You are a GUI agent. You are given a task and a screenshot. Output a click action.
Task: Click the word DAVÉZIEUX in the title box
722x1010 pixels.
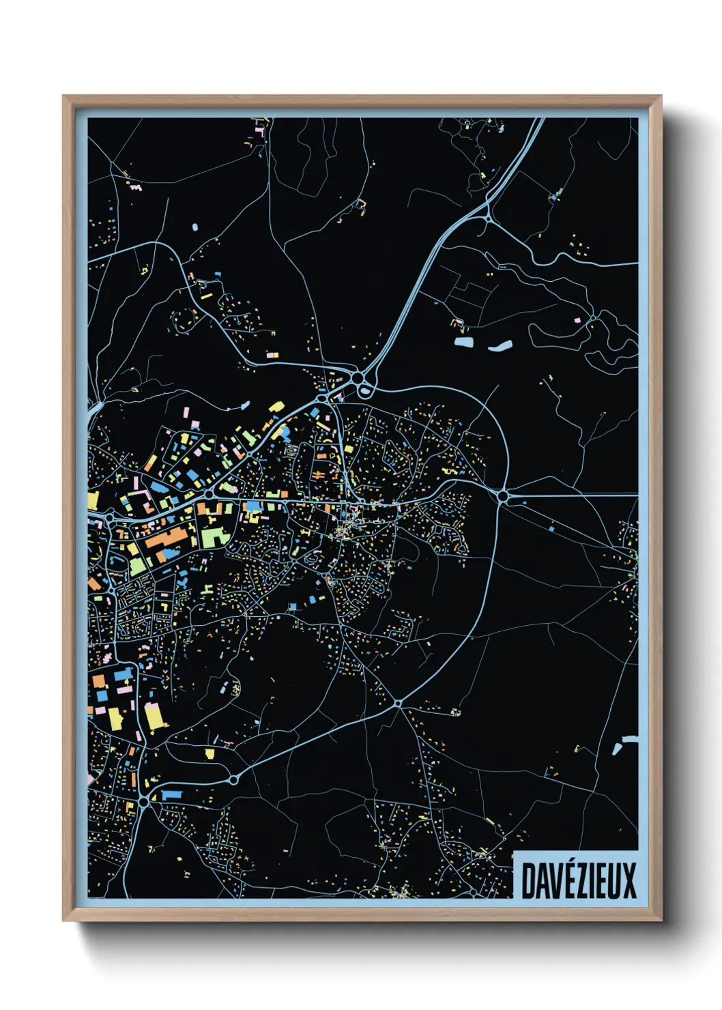click(x=579, y=880)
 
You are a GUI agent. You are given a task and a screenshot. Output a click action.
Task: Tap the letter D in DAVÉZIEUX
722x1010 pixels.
click(x=528, y=880)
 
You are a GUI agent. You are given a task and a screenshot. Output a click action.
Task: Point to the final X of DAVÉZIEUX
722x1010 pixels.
click(x=629, y=880)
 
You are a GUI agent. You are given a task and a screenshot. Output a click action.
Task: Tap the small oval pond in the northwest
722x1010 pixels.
click(x=195, y=227)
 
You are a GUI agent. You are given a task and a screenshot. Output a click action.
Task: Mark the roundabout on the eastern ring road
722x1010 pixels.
click(x=504, y=496)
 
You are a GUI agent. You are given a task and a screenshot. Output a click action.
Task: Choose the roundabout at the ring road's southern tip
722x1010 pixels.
click(x=398, y=702)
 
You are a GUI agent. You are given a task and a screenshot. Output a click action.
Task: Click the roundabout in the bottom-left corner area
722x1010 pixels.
click(x=144, y=803)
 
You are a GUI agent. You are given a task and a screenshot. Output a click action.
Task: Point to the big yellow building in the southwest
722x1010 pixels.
click(x=155, y=717)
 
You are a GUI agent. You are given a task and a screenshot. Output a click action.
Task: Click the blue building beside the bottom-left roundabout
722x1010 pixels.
click(x=170, y=795)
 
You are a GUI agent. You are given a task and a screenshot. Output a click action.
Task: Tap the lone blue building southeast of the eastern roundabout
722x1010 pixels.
click(x=551, y=527)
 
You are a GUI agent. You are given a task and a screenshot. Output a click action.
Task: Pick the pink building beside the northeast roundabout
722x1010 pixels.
click(x=577, y=319)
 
